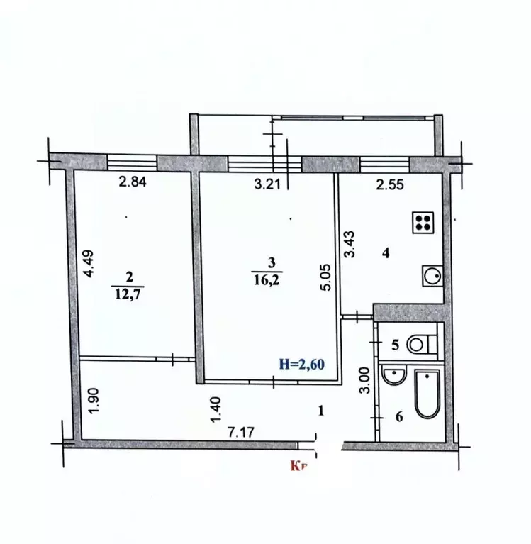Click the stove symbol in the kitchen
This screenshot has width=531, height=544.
[423, 223]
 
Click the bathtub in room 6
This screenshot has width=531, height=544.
[426, 394]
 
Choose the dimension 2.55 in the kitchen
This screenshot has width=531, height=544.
[389, 186]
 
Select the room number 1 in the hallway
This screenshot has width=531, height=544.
[323, 410]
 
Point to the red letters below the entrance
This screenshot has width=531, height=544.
[298, 466]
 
